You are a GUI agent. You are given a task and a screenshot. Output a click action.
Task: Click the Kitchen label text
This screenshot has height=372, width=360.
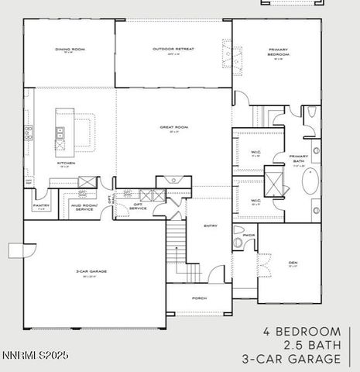coord(65,164)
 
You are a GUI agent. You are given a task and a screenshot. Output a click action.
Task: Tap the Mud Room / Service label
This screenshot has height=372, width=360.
coord(83,207)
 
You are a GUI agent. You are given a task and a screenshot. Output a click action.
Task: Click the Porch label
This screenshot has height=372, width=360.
coord(199,297)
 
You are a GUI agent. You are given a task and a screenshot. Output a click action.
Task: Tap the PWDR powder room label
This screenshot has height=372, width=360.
coord(249,235)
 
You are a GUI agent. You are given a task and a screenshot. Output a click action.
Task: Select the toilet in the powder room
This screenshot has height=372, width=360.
coord(238,243)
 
